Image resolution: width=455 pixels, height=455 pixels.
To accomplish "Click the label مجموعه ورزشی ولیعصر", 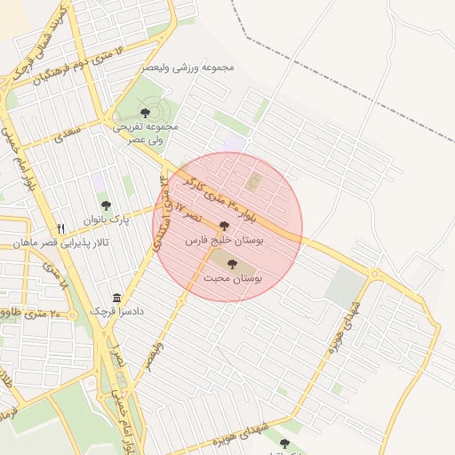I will point(188,67).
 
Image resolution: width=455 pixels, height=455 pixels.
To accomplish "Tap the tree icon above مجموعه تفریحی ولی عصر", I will point(145,113).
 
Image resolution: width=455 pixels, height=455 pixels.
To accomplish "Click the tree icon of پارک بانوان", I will point(106,205).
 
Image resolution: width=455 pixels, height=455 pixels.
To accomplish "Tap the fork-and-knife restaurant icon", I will point(61,228).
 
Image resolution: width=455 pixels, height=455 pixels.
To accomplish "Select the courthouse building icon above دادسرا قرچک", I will point(116,299).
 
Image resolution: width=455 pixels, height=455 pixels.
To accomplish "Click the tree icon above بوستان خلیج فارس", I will point(223,227).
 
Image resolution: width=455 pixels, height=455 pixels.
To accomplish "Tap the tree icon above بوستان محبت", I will point(233,264).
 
